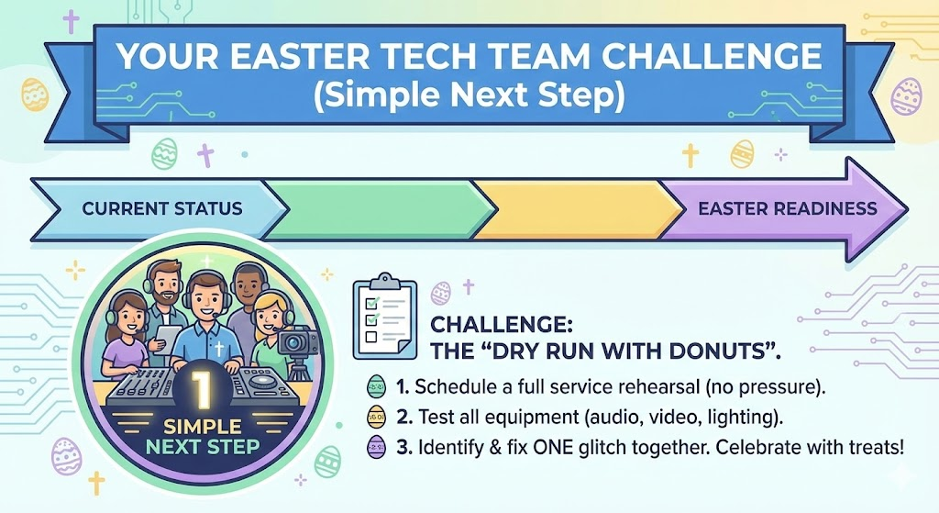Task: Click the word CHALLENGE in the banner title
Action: tap(712, 56)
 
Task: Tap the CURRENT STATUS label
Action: tap(162, 208)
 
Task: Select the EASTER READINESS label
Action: tap(788, 208)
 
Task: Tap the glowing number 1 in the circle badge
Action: tap(203, 388)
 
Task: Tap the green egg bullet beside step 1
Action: tap(376, 386)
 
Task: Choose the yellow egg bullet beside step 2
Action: tap(376, 417)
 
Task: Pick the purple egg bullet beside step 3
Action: tap(376, 447)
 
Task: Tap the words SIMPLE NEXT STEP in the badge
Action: tap(203, 437)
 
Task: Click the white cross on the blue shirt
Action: tap(219, 349)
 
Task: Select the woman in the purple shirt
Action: tap(125, 336)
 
